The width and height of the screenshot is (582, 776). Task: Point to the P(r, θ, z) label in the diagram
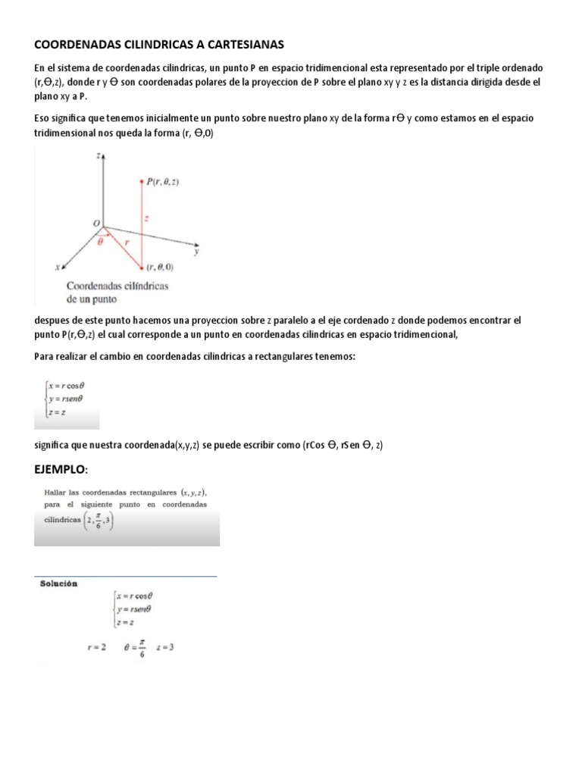coord(164,181)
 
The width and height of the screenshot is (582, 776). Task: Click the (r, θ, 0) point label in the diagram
coord(161,267)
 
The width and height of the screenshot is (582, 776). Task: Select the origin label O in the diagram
coord(96,223)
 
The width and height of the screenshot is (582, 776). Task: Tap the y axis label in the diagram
coord(196,253)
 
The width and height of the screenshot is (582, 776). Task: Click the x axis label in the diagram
coord(58,267)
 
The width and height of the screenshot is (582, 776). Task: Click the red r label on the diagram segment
coord(127,237)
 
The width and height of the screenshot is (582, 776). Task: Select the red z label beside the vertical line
coord(147,218)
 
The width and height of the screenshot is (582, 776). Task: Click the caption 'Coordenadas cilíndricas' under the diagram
coord(117,286)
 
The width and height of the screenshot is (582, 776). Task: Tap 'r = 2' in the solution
coord(97,647)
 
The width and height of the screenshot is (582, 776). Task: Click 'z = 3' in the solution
coord(164,647)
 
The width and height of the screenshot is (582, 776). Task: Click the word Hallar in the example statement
coord(54,493)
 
